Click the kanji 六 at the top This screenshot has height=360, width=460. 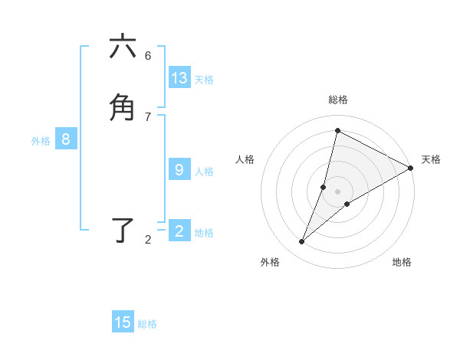coord(123,47)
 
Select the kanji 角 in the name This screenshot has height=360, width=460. coord(123,108)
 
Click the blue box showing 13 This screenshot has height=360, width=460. coord(179,78)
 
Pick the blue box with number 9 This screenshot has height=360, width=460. coord(179,170)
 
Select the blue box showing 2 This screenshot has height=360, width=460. coord(179,231)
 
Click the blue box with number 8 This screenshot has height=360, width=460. coord(66,139)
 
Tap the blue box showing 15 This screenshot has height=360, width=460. coord(123,322)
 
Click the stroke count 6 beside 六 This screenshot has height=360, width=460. coord(148,55)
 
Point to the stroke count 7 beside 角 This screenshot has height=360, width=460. coord(148,116)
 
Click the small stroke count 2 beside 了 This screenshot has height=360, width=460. coord(148,240)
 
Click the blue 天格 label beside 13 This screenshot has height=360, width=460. coord(204,80)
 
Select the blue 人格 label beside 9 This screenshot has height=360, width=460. coord(204,172)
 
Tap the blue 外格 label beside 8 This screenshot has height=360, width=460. coord(41,141)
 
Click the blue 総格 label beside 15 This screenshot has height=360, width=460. coord(147,324)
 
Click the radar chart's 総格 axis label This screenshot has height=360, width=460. coord(338,100)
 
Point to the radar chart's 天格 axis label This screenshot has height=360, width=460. coord(431,159)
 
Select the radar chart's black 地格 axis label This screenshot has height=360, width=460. coord(402,262)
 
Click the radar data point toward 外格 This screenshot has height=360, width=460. coord(302,242)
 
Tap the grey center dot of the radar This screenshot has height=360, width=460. coord(338,191)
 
